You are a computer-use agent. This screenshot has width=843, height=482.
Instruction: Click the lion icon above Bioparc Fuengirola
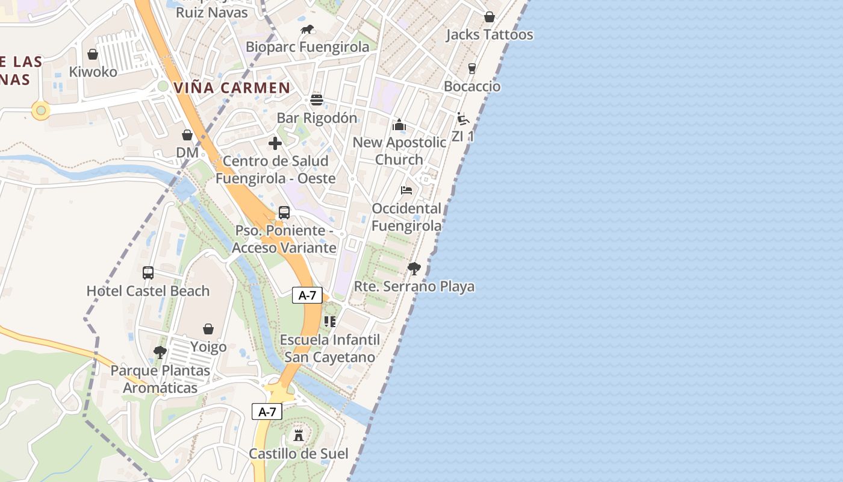point(307,29)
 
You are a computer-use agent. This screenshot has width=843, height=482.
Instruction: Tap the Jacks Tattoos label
point(489,35)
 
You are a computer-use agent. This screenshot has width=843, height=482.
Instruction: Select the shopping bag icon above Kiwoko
point(93,54)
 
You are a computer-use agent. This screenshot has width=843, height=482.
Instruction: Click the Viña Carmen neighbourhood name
point(232,87)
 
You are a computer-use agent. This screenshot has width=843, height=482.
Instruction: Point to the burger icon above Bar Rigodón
point(317,100)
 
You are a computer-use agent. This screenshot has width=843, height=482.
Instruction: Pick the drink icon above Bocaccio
point(472,69)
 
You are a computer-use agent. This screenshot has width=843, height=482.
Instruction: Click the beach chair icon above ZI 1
point(462,119)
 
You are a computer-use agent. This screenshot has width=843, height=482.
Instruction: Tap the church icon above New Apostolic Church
point(399,125)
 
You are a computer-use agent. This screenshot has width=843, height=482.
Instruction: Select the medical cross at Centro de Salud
point(275,143)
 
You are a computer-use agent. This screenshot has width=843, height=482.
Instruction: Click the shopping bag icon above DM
point(187,135)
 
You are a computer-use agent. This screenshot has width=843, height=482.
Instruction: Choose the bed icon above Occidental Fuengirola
point(406,190)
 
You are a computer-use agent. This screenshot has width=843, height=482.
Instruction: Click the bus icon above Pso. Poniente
point(284,213)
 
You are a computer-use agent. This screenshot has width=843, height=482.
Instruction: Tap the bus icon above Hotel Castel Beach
point(148,273)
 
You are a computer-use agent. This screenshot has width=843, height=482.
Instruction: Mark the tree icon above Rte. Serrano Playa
point(414,268)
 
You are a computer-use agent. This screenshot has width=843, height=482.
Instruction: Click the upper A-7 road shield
point(307,295)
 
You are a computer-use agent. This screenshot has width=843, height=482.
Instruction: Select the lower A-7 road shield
point(267,412)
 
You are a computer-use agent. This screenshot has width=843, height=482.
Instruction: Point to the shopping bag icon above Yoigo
point(208,329)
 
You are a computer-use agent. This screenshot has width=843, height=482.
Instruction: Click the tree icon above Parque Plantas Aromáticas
point(160,352)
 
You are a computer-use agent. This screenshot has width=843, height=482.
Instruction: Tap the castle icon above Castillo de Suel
point(299,435)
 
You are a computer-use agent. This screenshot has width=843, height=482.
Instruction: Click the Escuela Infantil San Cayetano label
point(330,348)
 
